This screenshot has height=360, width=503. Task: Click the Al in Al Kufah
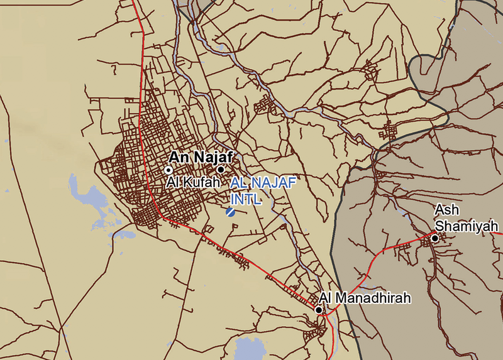coord(173,183)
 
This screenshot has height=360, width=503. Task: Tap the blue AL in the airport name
coord(238,183)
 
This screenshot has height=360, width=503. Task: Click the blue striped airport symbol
coord(231,212)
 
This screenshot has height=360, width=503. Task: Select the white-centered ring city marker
coord(168,170)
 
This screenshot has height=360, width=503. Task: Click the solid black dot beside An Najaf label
coord(221,170)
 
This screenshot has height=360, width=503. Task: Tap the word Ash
coord(445,210)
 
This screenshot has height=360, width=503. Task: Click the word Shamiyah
coord(467,226)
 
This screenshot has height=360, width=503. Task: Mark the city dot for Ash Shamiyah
coord(434,238)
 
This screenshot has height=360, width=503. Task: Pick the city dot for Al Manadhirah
coord(319,310)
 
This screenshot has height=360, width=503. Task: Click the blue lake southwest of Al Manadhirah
coord(248,347)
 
